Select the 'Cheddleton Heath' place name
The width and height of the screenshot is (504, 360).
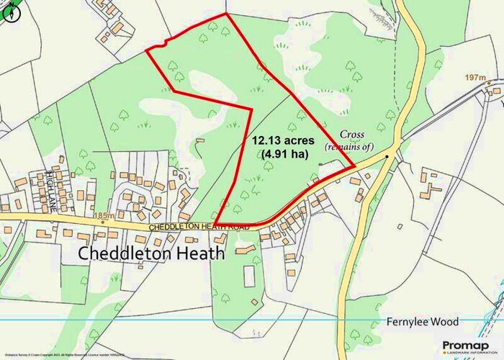tap(151, 253)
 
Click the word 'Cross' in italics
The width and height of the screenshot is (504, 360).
tap(354, 134)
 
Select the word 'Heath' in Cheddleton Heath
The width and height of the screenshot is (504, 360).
tap(200, 253)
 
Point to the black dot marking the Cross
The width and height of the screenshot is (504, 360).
tap(387, 156)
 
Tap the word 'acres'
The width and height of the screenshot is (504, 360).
tap(291, 140)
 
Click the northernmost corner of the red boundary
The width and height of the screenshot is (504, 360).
tap(226, 14)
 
